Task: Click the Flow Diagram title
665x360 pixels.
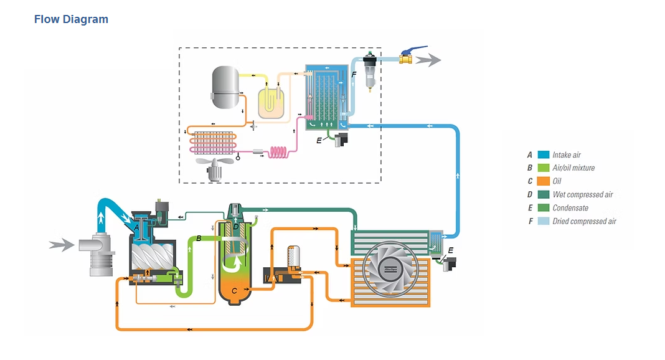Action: tap(71, 19)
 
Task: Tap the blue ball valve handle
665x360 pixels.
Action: tap(413, 50)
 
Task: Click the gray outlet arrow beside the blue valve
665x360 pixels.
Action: tap(428, 60)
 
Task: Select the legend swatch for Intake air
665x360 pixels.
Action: tap(543, 155)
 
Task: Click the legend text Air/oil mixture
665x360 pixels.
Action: tap(573, 168)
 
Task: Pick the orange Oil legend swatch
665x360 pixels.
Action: tap(543, 181)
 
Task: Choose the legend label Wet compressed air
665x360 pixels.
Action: tap(582, 195)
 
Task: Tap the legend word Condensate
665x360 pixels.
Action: tap(570, 208)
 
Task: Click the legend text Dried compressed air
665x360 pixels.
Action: tap(584, 221)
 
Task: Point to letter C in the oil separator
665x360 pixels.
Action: tap(234, 290)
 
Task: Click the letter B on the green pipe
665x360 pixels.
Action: tap(199, 239)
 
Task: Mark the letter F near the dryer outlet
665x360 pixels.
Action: tap(354, 74)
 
